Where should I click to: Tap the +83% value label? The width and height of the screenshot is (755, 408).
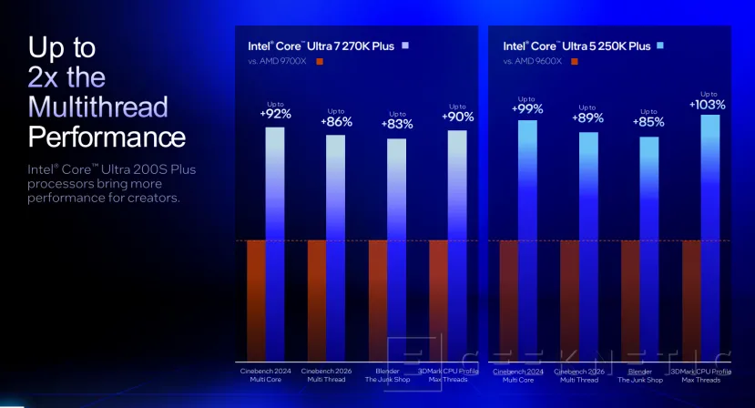396,124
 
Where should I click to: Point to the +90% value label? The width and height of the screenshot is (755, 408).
457,117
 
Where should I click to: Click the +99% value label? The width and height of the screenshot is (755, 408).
527,109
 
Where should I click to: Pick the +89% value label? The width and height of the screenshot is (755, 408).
587,117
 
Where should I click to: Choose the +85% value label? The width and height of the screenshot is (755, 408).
648,121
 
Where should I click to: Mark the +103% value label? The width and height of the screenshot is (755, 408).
709,105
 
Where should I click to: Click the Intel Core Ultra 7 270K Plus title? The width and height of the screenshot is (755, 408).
321,46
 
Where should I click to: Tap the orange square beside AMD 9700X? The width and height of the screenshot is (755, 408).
319,62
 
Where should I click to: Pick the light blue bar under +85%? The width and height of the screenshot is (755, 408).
649,246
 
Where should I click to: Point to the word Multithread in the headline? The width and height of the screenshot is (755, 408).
98,107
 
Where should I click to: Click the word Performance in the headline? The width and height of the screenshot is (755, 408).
107,137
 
